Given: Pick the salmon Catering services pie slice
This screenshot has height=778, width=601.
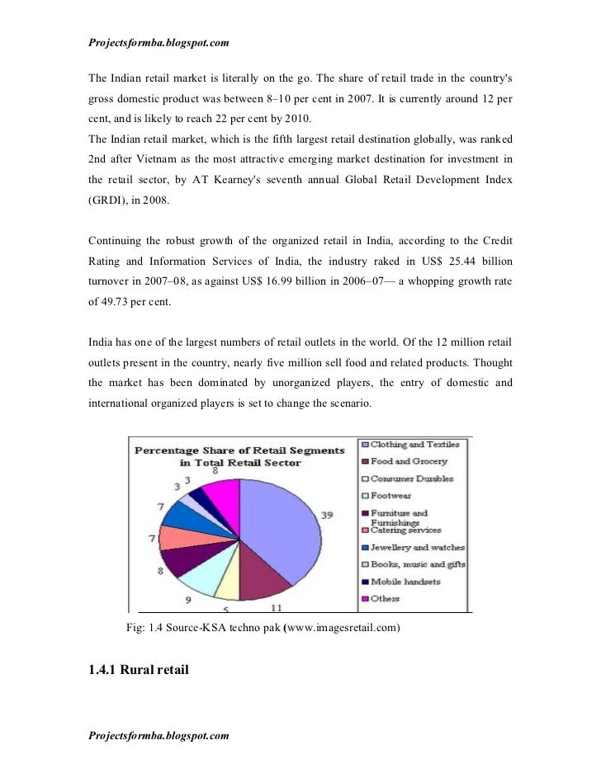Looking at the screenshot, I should pyautogui.click(x=175, y=537).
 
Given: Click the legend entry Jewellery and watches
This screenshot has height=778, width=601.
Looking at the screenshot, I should pyautogui.click(x=417, y=547).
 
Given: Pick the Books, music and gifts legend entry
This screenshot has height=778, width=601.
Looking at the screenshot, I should pyautogui.click(x=417, y=564).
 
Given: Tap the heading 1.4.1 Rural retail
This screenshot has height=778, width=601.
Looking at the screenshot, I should pyautogui.click(x=139, y=669).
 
